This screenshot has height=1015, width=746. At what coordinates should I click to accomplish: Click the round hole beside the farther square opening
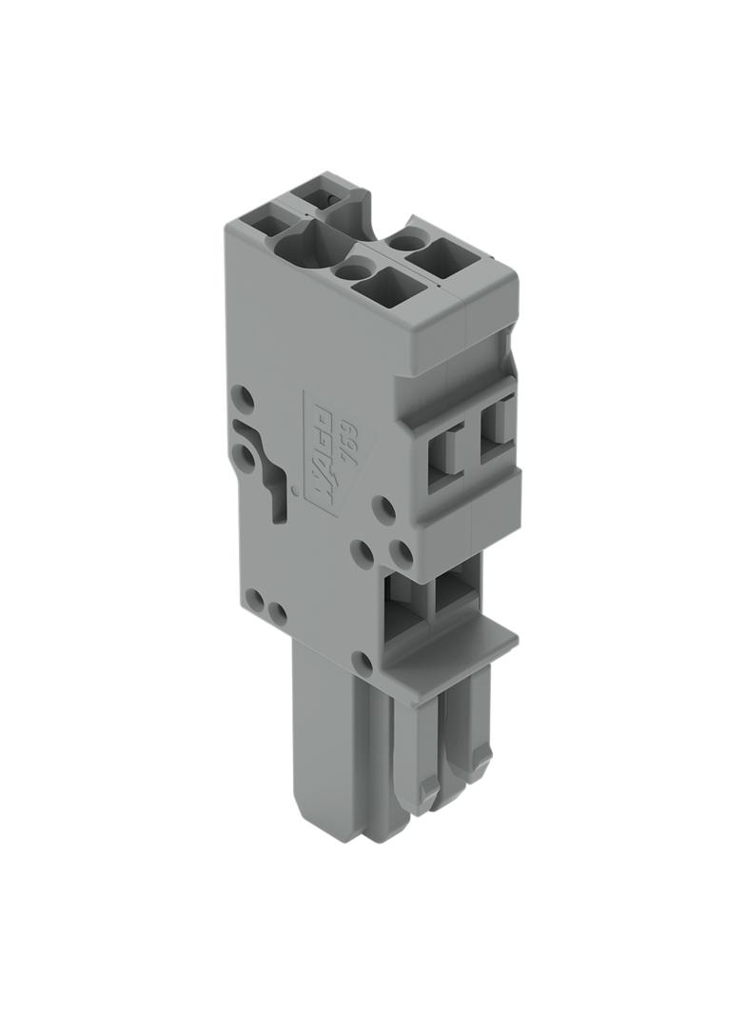(405, 242)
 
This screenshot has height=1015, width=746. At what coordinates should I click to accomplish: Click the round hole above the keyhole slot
(244, 395)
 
